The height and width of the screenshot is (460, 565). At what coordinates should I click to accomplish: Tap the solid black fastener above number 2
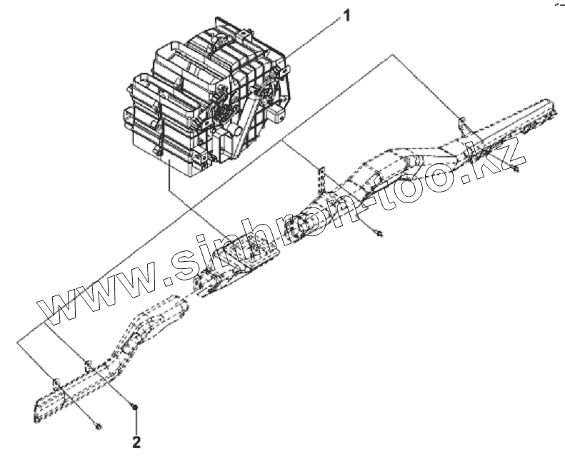(x=135, y=407)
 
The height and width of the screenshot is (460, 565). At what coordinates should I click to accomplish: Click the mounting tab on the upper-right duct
(x=462, y=122)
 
